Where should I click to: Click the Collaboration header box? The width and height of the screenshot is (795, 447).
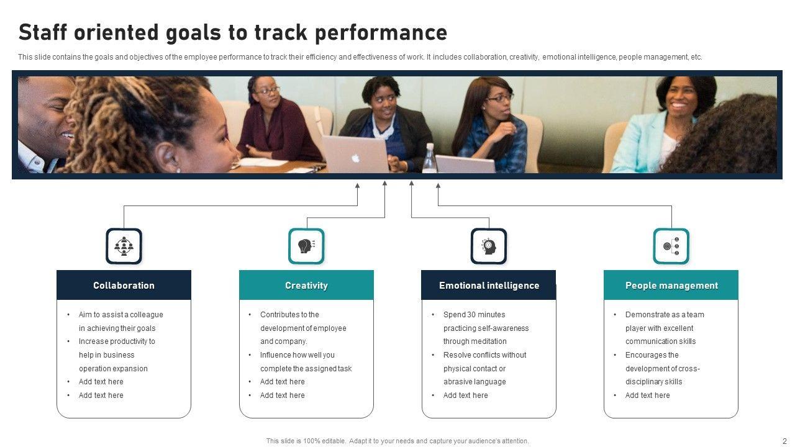tap(124, 285)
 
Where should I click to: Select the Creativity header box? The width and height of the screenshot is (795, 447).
tap(306, 285)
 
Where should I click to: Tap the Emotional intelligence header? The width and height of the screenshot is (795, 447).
tap(489, 285)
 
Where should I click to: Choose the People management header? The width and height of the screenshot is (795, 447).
tap(671, 285)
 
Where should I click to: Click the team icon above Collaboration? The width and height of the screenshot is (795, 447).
tap(124, 246)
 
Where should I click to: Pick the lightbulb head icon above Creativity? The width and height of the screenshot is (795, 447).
tap(306, 246)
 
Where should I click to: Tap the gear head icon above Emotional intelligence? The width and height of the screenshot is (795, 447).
tap(489, 246)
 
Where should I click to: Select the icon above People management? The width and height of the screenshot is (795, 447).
tap(671, 246)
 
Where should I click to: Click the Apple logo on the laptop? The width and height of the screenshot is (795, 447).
tap(356, 158)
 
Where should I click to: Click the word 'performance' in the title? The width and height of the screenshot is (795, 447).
tap(381, 33)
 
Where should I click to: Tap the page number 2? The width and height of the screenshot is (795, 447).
tap(784, 441)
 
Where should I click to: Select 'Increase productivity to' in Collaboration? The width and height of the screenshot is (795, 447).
tap(117, 341)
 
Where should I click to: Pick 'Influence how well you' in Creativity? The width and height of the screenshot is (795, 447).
tap(298, 354)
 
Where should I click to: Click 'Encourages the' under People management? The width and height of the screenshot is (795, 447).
tap(652, 354)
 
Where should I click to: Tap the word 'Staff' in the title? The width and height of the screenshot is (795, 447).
tap(43, 32)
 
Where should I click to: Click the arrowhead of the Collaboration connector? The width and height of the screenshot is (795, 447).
tap(357, 185)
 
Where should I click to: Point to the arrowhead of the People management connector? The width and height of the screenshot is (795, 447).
tap(438, 185)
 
